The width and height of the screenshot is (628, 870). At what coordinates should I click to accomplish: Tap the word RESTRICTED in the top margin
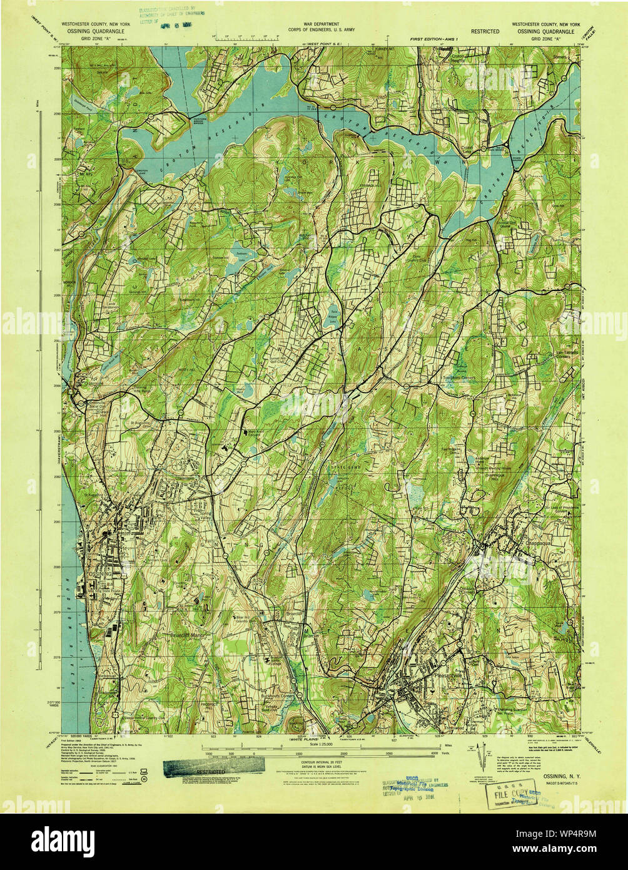(x=485, y=31)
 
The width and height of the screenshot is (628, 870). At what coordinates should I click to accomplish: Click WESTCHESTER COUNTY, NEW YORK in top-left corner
(x=95, y=23)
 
